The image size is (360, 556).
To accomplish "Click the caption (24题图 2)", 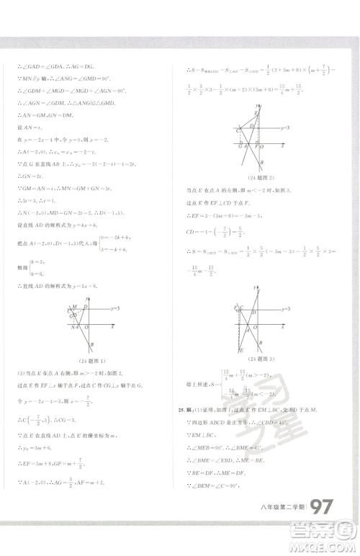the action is [x=260, y=178].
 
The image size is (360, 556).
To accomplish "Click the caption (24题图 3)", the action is [x=259, y=358].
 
